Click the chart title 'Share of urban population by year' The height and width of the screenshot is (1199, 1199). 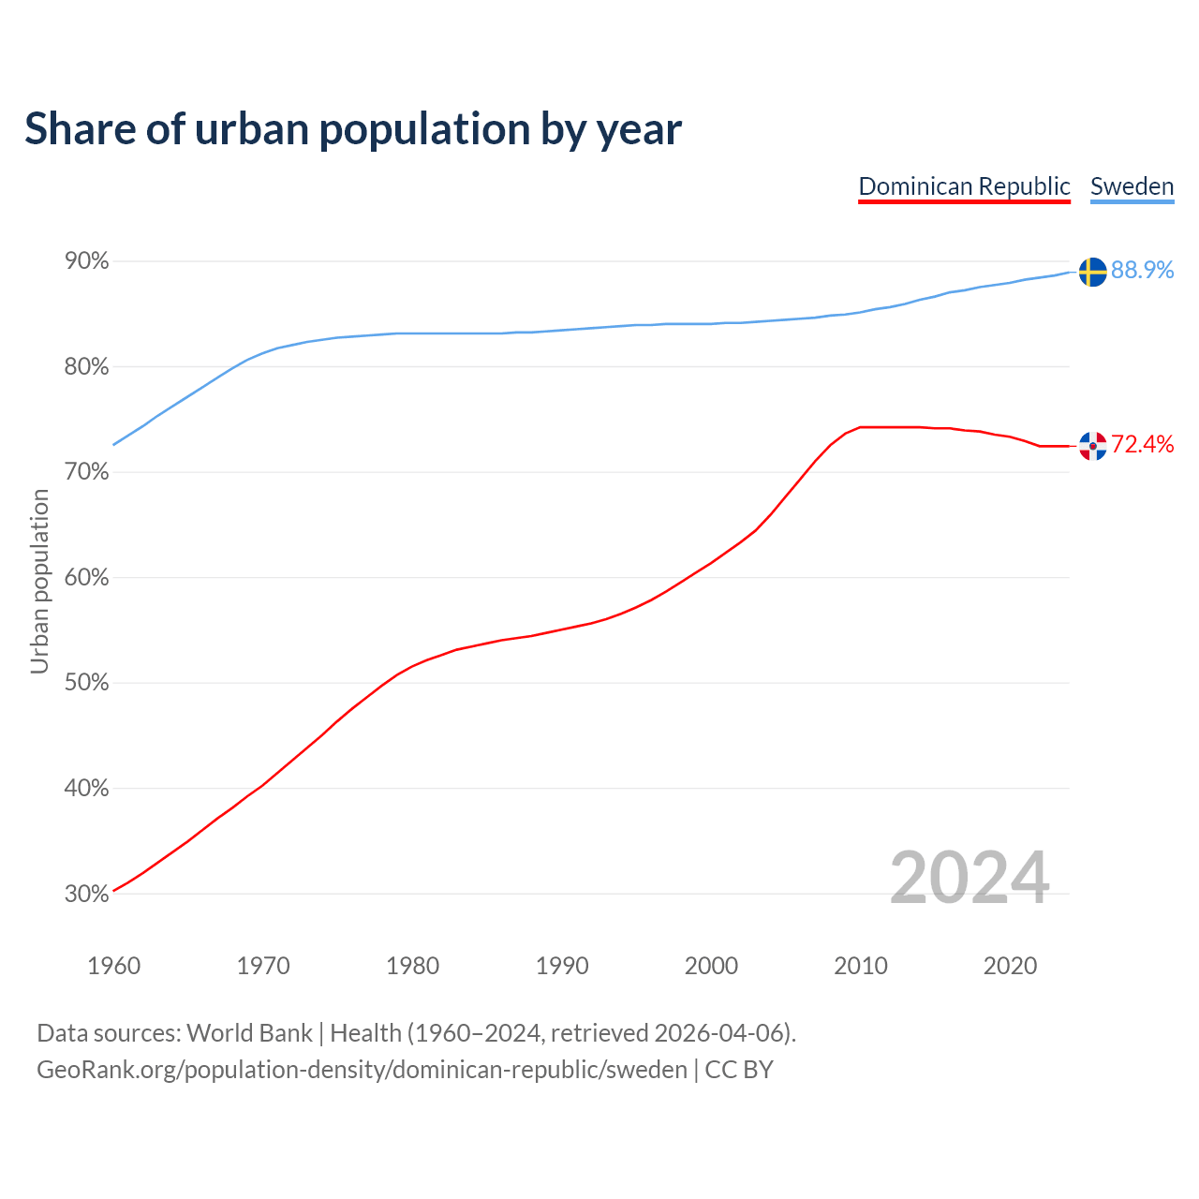point(353,129)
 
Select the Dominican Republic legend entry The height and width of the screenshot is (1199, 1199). point(964,186)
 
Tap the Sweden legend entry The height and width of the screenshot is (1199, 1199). point(1132,186)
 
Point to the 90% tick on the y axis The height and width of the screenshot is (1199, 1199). point(87,261)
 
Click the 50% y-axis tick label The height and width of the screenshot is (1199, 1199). point(87,683)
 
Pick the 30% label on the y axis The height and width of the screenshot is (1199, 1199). point(87,894)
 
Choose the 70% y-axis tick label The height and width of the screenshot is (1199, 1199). point(87,472)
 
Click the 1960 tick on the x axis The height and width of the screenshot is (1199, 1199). point(113,966)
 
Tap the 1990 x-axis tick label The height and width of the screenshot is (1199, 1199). point(562,966)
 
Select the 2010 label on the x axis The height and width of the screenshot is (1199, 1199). point(861,966)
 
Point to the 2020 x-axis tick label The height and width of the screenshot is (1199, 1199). point(1010,966)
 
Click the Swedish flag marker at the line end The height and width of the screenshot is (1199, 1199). point(1092,272)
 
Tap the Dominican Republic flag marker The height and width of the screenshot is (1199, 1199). point(1092,446)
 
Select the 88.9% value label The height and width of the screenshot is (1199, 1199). point(1142,270)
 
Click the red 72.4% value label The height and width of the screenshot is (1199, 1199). point(1142,444)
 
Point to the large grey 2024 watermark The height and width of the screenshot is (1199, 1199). point(970,878)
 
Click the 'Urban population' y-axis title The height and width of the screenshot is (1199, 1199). point(39,581)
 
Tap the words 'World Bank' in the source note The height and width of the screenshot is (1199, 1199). point(249,1033)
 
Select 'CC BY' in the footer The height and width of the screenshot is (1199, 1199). point(739,1070)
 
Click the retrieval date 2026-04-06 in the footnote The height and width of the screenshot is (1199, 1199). point(718,1033)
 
